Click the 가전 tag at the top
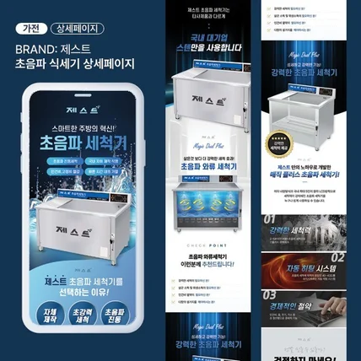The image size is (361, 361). (29, 28)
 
